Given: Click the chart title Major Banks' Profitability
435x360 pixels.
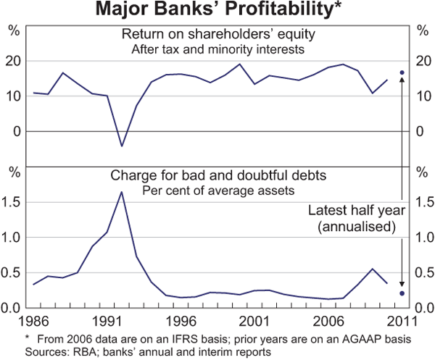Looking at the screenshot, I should coord(217,10).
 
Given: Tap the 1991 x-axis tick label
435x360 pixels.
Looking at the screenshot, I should coord(107,319).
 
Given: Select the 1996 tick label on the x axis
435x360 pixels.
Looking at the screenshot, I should coord(181,319).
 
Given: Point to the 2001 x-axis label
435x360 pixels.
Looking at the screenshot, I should coord(254,319).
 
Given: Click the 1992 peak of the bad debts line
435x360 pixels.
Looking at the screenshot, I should coord(122,192).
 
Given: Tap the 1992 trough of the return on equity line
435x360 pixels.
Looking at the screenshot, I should coord(122,146).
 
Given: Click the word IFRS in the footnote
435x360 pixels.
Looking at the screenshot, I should coord(144,339).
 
